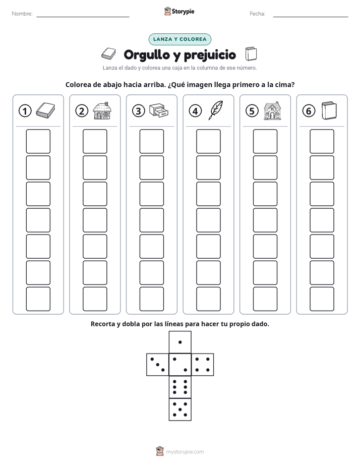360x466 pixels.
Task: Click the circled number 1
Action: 25,111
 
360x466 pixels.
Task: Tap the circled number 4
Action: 195,111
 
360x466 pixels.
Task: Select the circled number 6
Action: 309,111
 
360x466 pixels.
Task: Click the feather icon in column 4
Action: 216,110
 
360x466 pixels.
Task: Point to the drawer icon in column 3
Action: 159,110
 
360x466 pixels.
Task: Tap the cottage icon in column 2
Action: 102,110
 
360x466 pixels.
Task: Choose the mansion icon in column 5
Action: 272,110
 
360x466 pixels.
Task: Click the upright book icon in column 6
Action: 329,110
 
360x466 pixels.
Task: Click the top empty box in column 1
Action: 38,141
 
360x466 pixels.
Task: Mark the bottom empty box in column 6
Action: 322,299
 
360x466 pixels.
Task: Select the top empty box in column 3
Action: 151,141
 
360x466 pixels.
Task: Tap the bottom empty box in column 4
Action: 209,299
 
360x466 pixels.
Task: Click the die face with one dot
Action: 180,342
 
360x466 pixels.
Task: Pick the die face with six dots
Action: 180,387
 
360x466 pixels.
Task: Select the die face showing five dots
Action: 180,409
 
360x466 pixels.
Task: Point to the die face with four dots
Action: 203,365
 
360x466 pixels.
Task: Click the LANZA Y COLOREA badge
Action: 179,39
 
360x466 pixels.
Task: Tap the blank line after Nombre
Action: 83,17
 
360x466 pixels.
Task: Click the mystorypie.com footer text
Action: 185,452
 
